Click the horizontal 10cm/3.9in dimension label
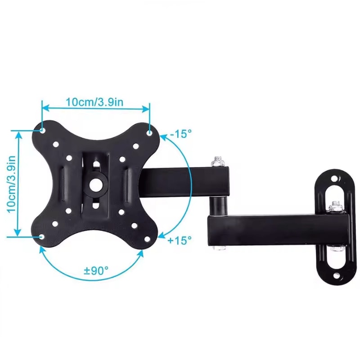94,102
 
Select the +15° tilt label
180,240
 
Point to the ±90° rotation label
96,271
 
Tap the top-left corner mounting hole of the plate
42,130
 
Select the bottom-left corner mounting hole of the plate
42,236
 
